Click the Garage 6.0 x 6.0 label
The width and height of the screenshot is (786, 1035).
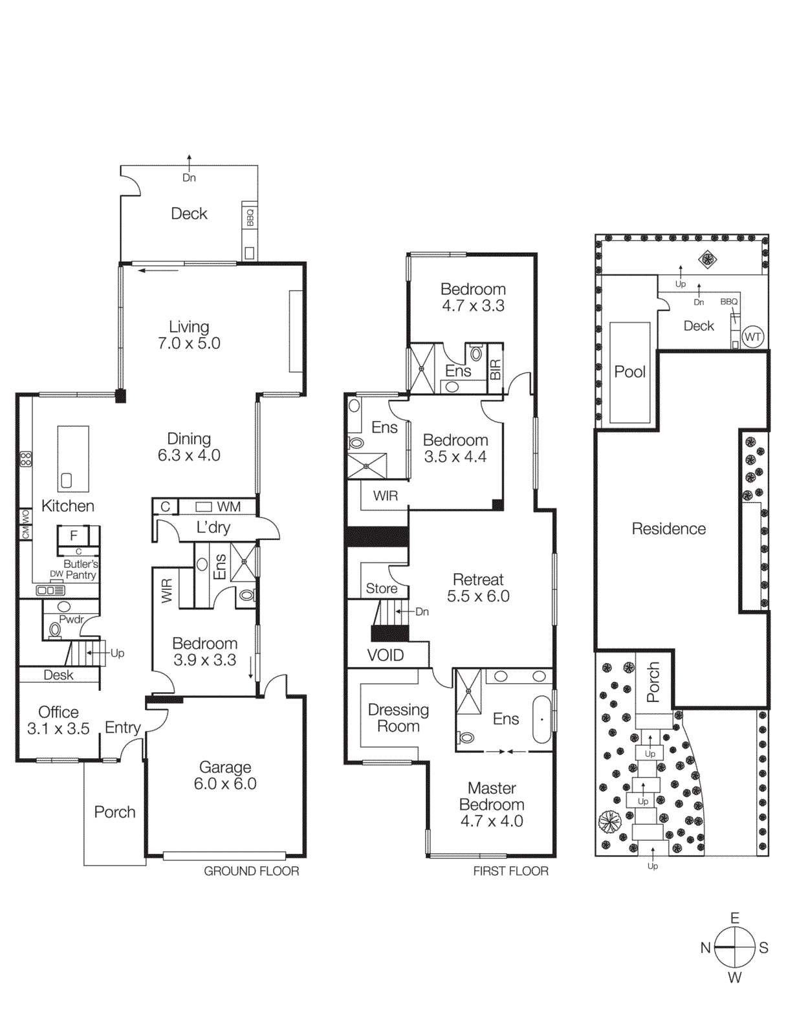coord(225,775)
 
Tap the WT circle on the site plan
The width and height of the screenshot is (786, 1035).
coord(752,337)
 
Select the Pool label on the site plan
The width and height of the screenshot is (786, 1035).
coord(629,372)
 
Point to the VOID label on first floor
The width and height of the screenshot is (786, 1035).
coord(386,655)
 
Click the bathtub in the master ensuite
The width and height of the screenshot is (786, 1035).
coord(541,719)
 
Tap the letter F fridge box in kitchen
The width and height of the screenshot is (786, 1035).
coord(74,536)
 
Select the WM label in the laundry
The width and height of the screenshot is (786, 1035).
coord(228,507)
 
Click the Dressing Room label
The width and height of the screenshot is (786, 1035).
coord(398,718)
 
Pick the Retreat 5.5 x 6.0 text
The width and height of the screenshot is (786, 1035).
coord(478,588)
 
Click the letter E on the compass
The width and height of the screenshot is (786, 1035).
coord(734,918)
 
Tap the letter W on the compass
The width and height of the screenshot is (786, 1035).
coord(734,977)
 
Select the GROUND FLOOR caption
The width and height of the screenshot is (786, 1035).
coord(251,871)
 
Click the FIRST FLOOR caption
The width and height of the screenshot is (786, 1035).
coord(510,871)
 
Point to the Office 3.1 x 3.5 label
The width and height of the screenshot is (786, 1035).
coord(58,720)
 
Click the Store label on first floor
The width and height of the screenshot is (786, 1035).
coord(382,589)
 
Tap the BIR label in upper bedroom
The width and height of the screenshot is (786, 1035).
coord(495,369)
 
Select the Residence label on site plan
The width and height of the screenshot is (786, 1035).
coord(668,529)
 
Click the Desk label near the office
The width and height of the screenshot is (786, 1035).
coord(58,675)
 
